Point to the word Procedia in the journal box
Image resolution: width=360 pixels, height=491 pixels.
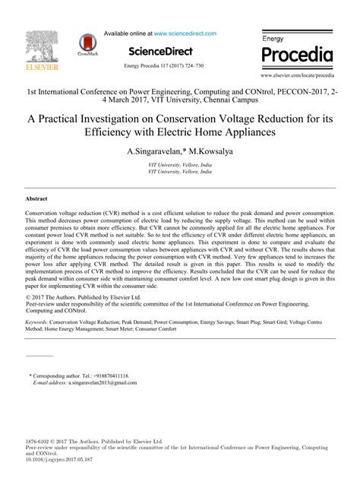coord(298,55)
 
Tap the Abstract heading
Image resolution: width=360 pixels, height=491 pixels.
coord(37,198)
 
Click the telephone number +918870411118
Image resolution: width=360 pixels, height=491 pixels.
coord(109,375)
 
